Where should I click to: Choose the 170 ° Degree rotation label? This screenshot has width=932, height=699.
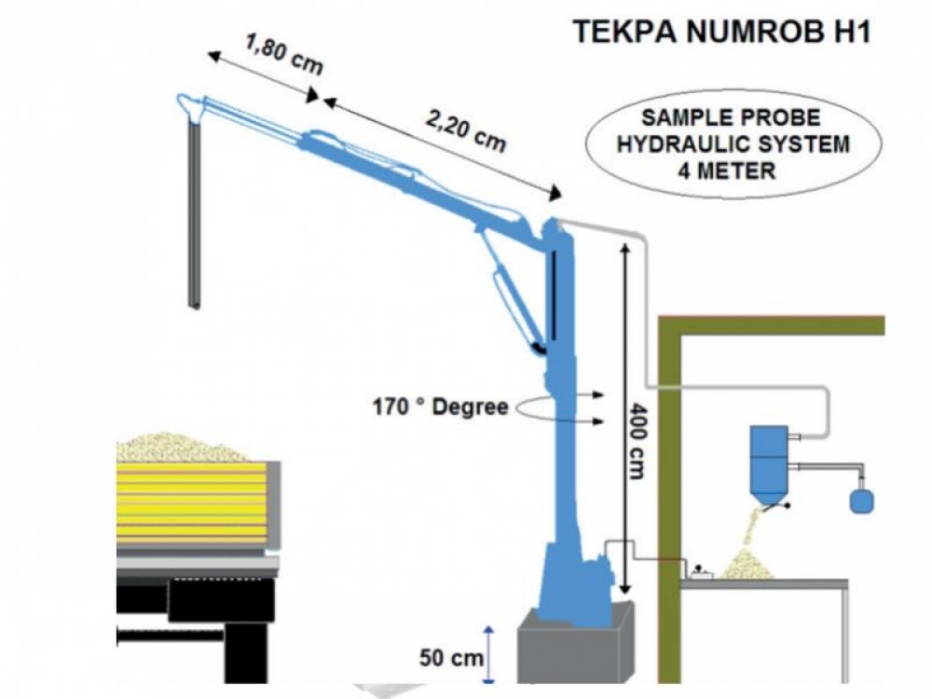[440, 407]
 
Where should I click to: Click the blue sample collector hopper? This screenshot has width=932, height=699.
[769, 466]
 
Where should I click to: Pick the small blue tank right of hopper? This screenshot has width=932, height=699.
[861, 500]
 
